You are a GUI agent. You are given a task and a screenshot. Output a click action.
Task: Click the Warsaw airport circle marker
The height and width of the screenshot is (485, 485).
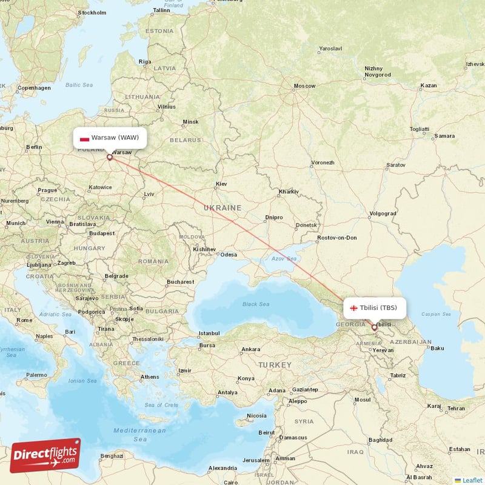[x=110, y=157]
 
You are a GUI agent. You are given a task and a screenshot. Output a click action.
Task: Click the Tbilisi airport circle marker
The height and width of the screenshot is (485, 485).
[x=374, y=327]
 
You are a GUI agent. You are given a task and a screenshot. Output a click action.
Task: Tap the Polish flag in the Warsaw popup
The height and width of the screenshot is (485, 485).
[x=84, y=138]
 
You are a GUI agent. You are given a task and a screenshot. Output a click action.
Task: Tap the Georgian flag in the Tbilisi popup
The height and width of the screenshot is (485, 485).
[x=353, y=308]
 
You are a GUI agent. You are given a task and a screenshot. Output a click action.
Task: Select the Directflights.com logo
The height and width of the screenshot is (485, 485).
[x=45, y=455]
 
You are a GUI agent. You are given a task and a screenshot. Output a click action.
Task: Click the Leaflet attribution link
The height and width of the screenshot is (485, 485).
[x=472, y=480]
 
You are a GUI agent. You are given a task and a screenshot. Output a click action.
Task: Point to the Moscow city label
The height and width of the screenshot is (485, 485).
[x=304, y=86]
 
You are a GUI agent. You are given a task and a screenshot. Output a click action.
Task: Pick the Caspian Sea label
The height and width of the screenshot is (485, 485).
[x=438, y=315]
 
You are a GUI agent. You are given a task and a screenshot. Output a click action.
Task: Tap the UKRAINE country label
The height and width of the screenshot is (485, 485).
[x=222, y=208]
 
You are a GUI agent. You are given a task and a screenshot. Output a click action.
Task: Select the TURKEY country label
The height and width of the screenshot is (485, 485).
[x=275, y=365]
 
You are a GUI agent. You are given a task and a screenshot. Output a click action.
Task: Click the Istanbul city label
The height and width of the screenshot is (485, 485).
[x=209, y=333]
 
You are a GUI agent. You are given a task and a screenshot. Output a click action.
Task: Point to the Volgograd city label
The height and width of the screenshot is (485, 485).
[x=383, y=213]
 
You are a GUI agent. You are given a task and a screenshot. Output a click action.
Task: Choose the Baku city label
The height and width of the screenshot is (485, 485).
[x=438, y=348]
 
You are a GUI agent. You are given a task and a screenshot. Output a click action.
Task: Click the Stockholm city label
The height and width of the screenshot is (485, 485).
[x=93, y=12]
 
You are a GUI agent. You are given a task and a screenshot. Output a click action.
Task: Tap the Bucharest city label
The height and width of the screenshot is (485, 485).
[x=180, y=282]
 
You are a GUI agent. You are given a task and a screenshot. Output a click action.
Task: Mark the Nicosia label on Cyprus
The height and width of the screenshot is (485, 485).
[x=256, y=416]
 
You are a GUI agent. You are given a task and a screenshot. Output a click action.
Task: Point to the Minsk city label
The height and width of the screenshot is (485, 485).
[x=191, y=122]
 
